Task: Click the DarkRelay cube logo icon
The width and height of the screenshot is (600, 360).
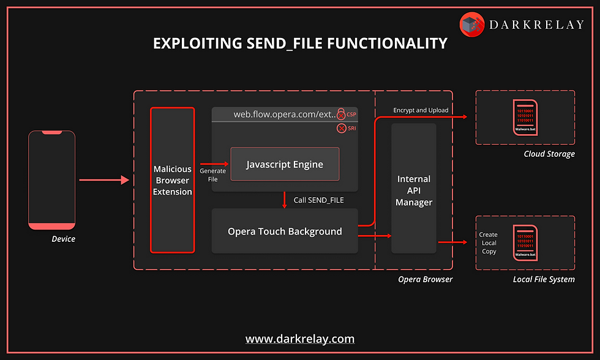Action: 472,25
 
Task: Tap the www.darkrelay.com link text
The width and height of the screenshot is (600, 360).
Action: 300,339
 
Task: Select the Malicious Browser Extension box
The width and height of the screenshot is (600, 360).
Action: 172,180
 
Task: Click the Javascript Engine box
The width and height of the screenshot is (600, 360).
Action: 284,164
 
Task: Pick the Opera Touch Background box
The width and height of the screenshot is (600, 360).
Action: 285,231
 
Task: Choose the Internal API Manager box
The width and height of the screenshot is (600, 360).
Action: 414,190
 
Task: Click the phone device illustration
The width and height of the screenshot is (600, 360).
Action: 52,180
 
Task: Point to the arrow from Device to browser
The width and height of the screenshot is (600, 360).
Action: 104,180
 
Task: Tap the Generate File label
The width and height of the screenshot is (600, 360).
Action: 212,175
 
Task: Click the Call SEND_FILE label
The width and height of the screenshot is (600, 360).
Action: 318,200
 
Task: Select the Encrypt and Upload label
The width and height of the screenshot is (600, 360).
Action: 421,110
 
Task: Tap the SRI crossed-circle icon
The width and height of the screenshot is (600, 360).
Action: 342,128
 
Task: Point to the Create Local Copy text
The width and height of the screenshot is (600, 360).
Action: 489,243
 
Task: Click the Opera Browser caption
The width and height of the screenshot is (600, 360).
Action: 425,279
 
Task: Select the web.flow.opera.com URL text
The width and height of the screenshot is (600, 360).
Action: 285,114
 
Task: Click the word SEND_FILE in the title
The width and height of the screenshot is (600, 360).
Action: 290,43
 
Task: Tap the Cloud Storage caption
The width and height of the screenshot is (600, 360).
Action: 549,154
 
